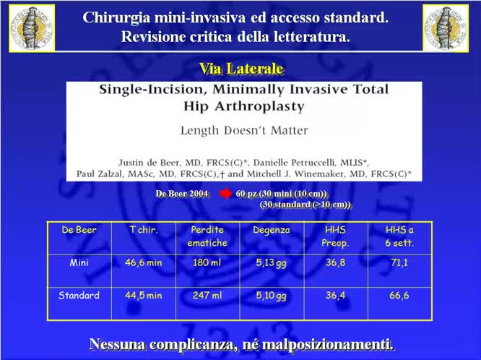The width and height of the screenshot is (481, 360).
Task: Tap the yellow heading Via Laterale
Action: click(x=240, y=69)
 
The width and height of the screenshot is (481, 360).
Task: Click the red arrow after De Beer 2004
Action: click(x=225, y=194)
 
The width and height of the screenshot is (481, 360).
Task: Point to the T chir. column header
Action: click(x=143, y=230)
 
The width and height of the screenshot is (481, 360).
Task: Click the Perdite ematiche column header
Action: click(x=207, y=236)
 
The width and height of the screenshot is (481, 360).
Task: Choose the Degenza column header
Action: click(x=272, y=230)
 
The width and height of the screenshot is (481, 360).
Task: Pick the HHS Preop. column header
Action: click(x=335, y=236)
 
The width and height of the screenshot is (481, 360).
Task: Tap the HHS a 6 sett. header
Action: click(x=399, y=236)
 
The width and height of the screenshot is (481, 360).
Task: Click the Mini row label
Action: click(x=79, y=262)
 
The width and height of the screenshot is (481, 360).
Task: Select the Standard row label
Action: click(x=79, y=295)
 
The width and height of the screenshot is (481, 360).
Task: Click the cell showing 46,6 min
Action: click(x=143, y=262)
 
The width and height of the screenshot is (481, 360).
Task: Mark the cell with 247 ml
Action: click(x=207, y=295)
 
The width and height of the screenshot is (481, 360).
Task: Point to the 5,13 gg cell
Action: click(x=272, y=262)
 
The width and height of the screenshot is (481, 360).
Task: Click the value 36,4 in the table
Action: click(x=335, y=295)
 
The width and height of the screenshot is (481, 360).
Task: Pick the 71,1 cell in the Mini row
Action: click(x=399, y=262)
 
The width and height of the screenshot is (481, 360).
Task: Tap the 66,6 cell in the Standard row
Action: click(x=399, y=295)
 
